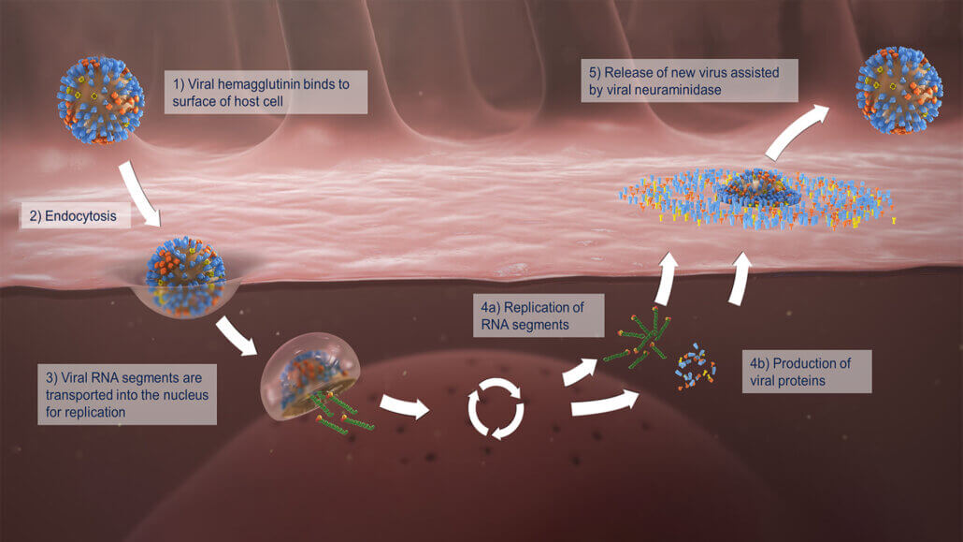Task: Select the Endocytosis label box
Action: click(x=76, y=216)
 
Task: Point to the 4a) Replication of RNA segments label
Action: click(x=538, y=315)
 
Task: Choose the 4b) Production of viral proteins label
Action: click(x=806, y=372)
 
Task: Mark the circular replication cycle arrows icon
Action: click(x=496, y=408)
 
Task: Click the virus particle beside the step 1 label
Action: click(x=101, y=100)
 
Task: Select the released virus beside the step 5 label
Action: click(x=899, y=90)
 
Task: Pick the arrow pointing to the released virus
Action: click(x=796, y=131)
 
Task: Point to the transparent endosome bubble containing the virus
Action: click(x=310, y=376)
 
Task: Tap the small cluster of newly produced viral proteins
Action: click(x=696, y=367)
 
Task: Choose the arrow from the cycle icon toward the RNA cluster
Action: click(x=579, y=371)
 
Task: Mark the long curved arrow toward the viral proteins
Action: click(x=605, y=403)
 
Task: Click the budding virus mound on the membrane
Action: click(x=760, y=187)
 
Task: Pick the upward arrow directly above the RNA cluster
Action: click(x=667, y=279)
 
